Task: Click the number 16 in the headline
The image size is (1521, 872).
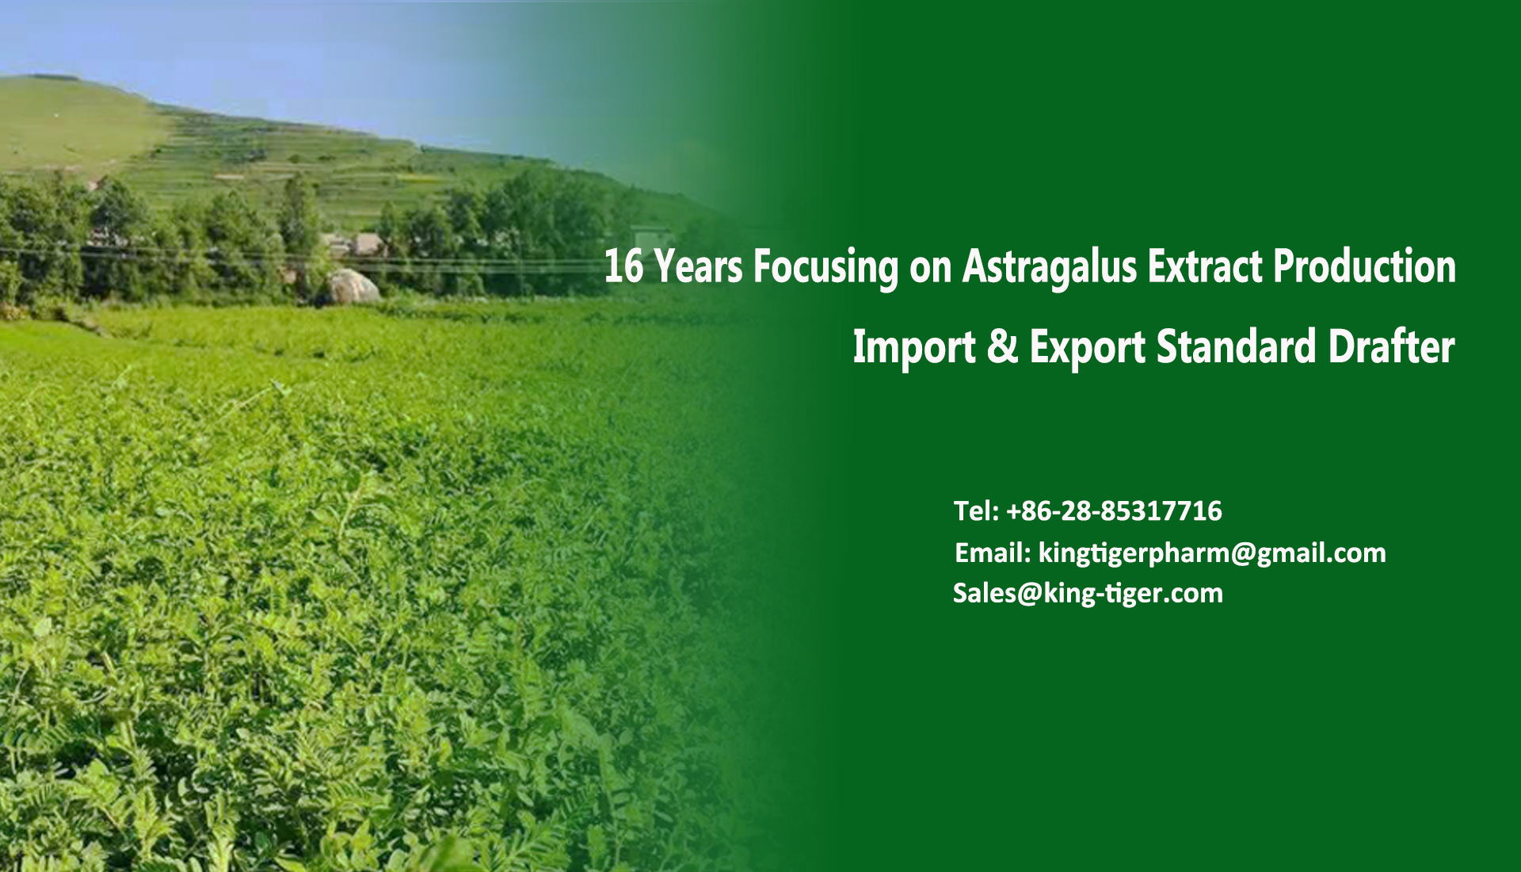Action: [x=623, y=266]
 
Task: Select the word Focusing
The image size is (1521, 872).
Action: [x=825, y=269]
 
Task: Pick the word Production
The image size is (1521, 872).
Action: [x=1365, y=266]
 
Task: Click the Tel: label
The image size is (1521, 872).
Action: [x=976, y=511]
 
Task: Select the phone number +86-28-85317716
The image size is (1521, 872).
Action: [x=1114, y=511]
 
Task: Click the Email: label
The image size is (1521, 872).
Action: [x=993, y=553]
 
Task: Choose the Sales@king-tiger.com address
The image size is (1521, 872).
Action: [x=1088, y=594]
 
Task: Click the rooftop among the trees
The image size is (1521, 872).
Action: [x=366, y=243]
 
